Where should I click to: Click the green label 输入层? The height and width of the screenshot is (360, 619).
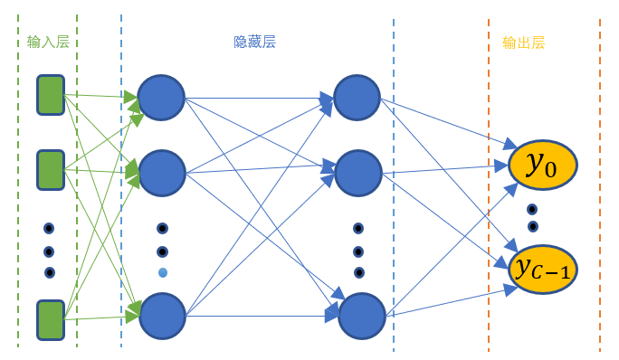(48, 42)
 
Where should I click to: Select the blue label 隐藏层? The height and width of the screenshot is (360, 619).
(254, 42)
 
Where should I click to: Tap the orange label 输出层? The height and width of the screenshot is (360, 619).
(523, 42)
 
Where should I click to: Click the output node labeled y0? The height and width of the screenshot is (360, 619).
(542, 164)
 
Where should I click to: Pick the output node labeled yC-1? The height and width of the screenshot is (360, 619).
(544, 269)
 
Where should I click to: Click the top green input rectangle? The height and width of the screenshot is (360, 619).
(50, 95)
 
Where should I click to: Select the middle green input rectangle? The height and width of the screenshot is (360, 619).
(50, 170)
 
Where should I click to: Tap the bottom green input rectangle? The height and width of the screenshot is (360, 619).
(50, 320)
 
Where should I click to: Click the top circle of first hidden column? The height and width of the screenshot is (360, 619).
(161, 98)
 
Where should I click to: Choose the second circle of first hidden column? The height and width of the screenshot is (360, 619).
(162, 172)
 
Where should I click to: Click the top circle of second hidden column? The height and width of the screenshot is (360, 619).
(357, 97)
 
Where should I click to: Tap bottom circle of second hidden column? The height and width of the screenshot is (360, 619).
(362, 317)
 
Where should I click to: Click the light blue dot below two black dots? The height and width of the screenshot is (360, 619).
(163, 272)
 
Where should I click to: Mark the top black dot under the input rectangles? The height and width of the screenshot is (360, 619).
(49, 229)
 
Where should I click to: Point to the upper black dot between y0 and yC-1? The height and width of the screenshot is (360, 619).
(532, 209)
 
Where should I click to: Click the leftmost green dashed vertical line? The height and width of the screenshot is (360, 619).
(18, 181)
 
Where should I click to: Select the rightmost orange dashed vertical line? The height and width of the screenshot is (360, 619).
(599, 181)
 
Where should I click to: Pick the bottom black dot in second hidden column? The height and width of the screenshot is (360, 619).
(359, 272)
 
